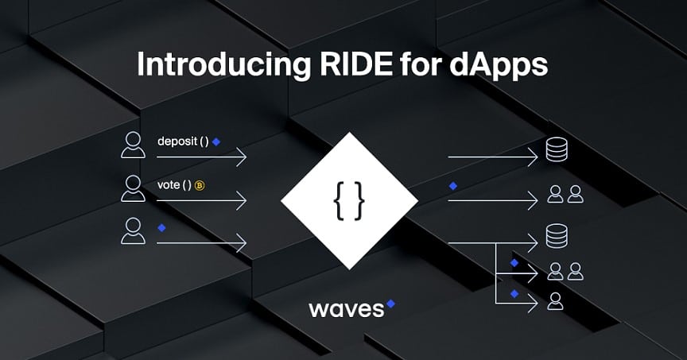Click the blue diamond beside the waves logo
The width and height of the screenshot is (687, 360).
click(x=390, y=302)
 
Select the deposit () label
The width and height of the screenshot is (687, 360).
click(x=183, y=141)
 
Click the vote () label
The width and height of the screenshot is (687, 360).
click(x=175, y=185)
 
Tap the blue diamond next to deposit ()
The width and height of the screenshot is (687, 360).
click(x=216, y=141)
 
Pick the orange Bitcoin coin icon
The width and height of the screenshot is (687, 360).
click(x=200, y=186)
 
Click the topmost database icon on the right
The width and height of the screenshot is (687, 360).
click(x=555, y=149)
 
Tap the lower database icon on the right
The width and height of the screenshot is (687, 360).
click(x=555, y=235)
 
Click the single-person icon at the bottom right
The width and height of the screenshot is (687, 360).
click(x=555, y=300)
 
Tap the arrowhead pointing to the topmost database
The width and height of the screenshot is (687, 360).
click(x=535, y=157)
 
